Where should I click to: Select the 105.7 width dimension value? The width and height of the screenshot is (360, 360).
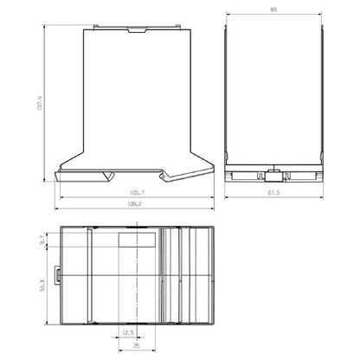pyautogui.click(x=136, y=193)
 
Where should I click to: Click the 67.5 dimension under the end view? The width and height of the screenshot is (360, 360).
pyautogui.click(x=273, y=193)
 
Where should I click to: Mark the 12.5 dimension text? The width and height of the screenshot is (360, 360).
pyautogui.click(x=128, y=331)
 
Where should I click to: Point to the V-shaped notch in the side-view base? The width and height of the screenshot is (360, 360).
pyautogui.click(x=108, y=176)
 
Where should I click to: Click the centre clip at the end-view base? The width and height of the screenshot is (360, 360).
pyautogui.click(x=273, y=169)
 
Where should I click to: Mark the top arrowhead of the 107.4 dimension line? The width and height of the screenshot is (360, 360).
pyautogui.click(x=47, y=28)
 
